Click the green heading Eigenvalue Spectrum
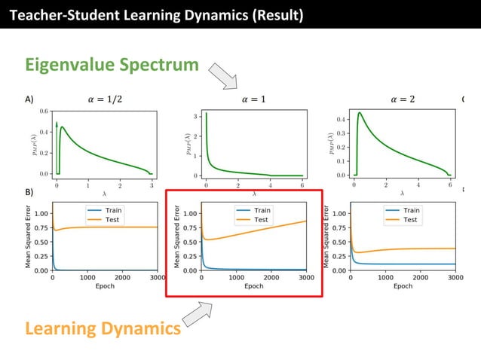112,65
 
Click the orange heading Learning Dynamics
103,328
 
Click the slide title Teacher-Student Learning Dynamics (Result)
156,14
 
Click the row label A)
29,99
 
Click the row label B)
29,192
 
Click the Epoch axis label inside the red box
254,286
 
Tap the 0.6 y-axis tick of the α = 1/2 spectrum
43,111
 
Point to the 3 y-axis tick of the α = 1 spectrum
195,117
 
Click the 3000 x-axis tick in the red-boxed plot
306,277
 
